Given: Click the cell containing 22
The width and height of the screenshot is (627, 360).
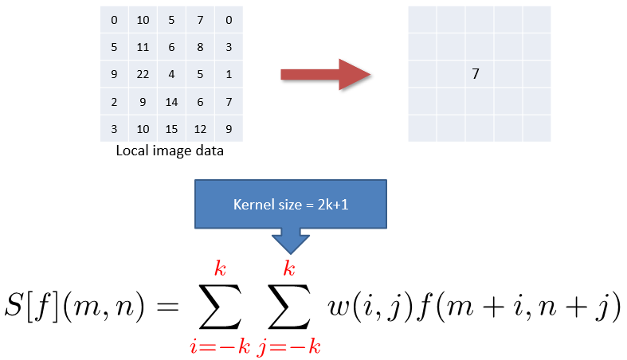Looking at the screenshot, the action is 143,74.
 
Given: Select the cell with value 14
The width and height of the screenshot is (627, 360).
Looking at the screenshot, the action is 172,101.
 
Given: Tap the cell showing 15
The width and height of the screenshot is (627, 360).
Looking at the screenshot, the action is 172,128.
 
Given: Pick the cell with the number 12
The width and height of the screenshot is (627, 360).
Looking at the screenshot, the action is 200,128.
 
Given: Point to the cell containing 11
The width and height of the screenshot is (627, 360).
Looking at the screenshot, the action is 143,47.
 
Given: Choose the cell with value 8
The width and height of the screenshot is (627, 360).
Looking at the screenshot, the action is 200,47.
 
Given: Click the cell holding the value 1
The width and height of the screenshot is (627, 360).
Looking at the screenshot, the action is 229,74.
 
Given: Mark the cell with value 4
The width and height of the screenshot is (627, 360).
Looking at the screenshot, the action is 172,74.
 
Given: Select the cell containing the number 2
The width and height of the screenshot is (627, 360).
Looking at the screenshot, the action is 115,101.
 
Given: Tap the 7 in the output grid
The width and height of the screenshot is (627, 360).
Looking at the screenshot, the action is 476,74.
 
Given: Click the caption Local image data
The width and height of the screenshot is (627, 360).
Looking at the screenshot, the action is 170,151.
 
